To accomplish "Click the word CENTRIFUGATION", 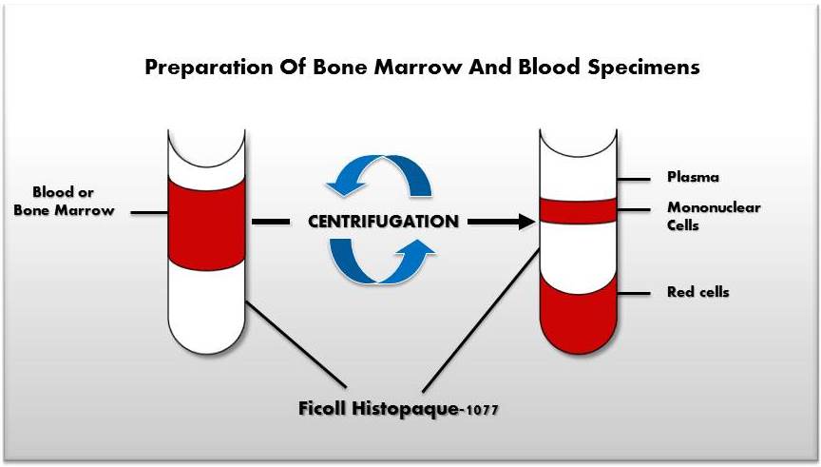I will click(x=383, y=222).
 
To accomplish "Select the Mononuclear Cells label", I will click(x=700, y=217).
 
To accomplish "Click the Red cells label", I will click(x=697, y=292).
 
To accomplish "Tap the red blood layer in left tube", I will click(x=207, y=223).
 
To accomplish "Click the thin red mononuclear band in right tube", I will click(x=580, y=209).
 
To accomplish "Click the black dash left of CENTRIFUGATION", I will click(x=271, y=222).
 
